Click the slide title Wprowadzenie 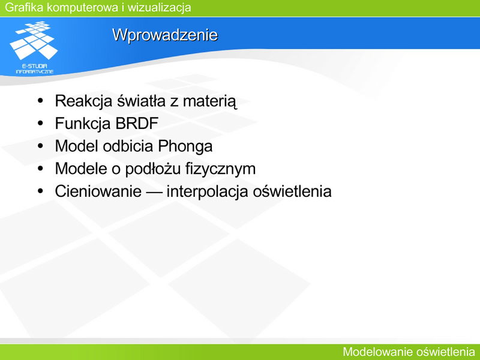165,35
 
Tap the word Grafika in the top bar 24,7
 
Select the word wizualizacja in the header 160,7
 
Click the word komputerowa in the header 83,8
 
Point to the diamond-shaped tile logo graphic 34,40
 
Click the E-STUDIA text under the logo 35,66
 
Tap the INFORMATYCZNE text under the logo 35,71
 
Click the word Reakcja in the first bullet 83,101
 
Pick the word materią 209,101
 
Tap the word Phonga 185,146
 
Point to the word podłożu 153,169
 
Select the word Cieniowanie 98,191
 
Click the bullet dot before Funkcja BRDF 40,123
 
